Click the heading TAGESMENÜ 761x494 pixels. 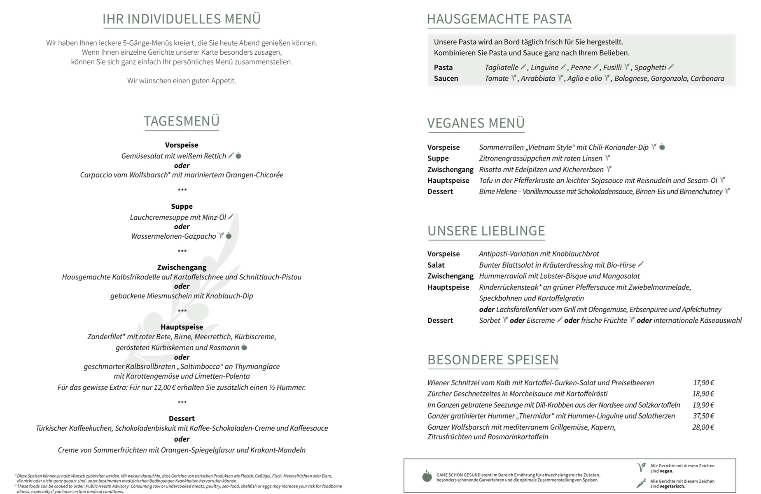[x=182, y=121]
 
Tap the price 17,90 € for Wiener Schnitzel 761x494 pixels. [x=703, y=383]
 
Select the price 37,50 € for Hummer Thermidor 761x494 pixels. [x=703, y=416]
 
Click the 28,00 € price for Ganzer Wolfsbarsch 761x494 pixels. [x=703, y=427]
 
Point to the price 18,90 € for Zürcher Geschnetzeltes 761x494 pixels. [x=703, y=394]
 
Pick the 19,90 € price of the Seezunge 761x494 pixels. [x=703, y=405]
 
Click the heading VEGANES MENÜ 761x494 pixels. [x=476, y=123]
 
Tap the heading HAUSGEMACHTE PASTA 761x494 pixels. [x=499, y=19]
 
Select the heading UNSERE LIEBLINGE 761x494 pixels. [x=486, y=231]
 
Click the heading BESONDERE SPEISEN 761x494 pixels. [x=493, y=360]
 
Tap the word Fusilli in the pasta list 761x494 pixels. [x=612, y=68]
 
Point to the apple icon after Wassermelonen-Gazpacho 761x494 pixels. [x=229, y=236]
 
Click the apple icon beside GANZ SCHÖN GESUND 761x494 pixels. [x=427, y=476]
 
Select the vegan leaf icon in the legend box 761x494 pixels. [x=641, y=467]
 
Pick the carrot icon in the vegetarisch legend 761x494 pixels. [x=641, y=483]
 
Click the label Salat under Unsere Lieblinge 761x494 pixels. [x=436, y=265]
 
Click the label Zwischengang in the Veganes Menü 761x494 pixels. [x=451, y=170]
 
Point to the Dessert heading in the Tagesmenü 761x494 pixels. [x=182, y=419]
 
